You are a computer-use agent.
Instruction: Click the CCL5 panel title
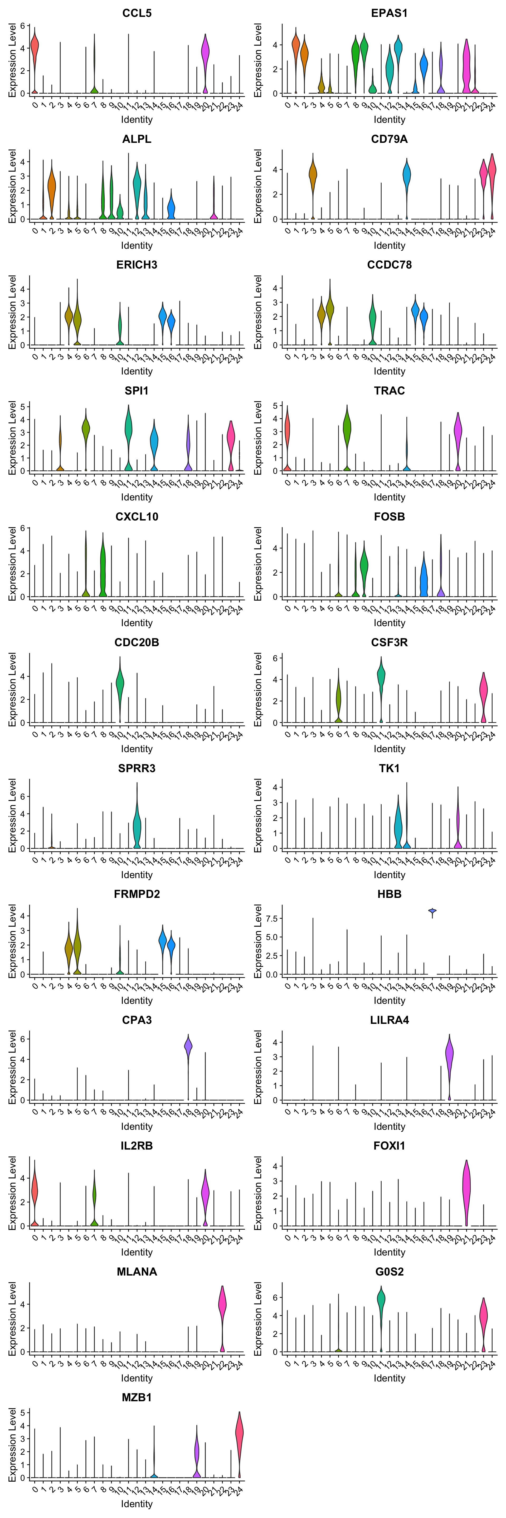[x=137, y=13]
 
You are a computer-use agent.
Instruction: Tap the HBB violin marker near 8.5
[x=432, y=911]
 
